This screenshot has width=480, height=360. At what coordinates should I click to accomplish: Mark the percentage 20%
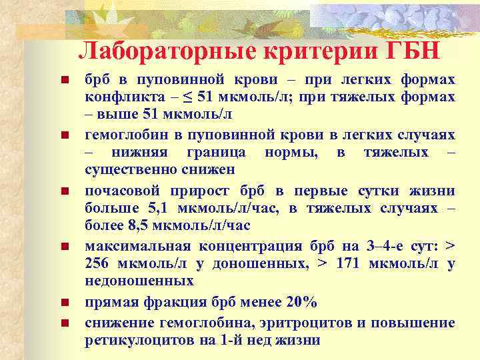click(x=301, y=302)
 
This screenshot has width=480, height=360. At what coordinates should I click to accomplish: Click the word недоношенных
click(x=139, y=281)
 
